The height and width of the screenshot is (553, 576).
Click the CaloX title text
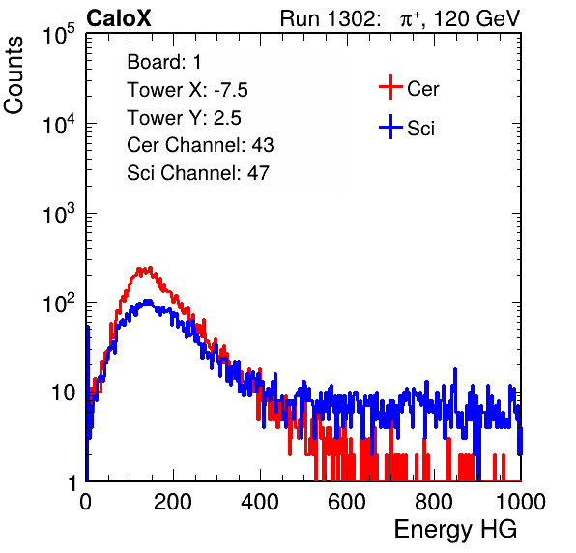119,18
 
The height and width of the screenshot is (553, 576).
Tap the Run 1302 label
331,18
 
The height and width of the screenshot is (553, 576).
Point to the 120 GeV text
477,18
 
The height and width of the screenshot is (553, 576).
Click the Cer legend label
422,89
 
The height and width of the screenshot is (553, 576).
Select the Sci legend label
420,129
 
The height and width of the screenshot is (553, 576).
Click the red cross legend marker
390,87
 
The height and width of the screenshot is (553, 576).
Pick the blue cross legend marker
390,127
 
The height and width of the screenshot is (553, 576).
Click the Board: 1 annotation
164,62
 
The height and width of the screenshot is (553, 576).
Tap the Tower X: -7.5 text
187,90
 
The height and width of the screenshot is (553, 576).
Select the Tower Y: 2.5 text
184,118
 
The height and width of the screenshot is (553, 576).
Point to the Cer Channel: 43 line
200,145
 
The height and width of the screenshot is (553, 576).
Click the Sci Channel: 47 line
198,173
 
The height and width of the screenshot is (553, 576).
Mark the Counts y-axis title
14,75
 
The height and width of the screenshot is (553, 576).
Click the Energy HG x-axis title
455,529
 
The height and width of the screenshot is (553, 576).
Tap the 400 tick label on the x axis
260,502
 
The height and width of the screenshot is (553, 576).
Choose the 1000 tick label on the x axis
521,502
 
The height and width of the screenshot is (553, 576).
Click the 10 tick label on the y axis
64,393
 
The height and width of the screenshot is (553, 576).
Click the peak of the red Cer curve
150,268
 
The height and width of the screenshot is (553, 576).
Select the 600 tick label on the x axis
347,502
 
